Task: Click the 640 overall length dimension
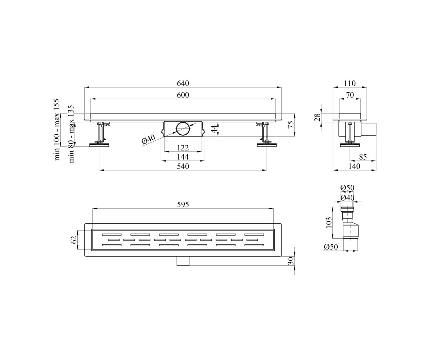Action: click(183, 83)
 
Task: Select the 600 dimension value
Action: click(183, 95)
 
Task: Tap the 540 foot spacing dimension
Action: click(183, 166)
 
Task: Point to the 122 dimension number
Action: click(183, 148)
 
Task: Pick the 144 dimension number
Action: click(183, 157)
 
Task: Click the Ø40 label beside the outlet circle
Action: click(148, 139)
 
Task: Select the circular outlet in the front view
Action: click(183, 129)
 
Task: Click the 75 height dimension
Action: click(291, 125)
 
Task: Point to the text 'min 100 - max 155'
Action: click(57, 130)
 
